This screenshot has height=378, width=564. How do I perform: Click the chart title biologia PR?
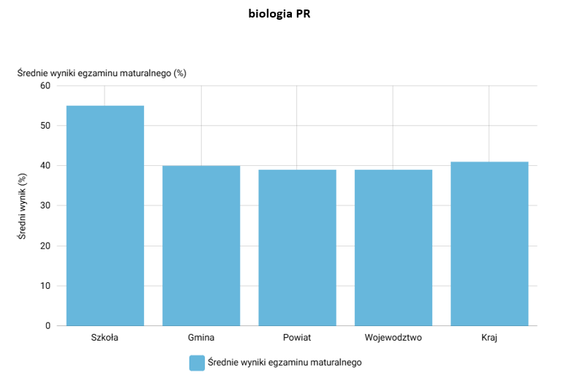(279, 14)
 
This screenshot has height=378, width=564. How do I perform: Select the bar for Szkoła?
(105, 216)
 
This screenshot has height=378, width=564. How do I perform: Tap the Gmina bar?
(201, 246)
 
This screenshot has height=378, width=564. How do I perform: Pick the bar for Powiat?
(297, 248)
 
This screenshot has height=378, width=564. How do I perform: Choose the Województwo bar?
(394, 248)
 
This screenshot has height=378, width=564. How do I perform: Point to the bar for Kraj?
(489, 244)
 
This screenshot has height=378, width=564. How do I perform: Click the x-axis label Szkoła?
(105, 337)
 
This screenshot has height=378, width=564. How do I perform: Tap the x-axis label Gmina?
(201, 337)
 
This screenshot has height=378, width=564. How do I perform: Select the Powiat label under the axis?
(297, 337)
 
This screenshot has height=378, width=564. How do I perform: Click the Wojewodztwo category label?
(393, 338)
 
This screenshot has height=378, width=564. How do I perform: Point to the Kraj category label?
(489, 338)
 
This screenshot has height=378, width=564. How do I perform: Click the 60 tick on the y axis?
(45, 86)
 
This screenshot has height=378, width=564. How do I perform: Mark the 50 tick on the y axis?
(45, 126)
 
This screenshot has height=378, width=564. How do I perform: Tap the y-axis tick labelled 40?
(45, 165)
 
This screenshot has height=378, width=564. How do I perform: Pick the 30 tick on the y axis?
(45, 205)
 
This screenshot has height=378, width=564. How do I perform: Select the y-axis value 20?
(45, 246)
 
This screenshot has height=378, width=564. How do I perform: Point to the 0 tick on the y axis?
(48, 326)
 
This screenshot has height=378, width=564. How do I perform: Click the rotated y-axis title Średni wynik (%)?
(22, 206)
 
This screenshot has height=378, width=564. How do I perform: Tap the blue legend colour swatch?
(197, 363)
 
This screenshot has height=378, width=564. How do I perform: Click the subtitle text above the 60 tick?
(102, 73)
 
